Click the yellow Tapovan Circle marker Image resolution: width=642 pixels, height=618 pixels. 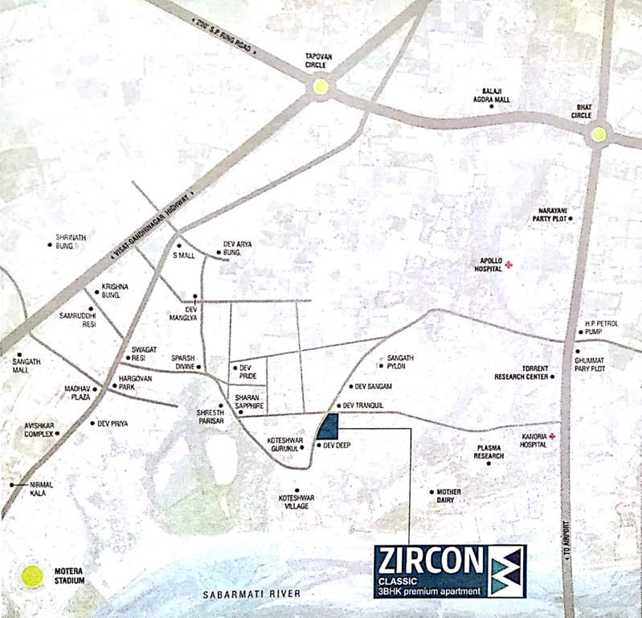(321, 86)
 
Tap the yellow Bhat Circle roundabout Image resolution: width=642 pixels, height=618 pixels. (599, 135)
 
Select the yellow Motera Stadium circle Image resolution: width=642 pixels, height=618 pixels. (31, 575)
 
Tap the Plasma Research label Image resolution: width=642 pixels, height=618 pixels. (489, 451)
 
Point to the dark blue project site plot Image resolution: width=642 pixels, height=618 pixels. (329, 426)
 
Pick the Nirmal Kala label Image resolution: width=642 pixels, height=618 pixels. (42, 489)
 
